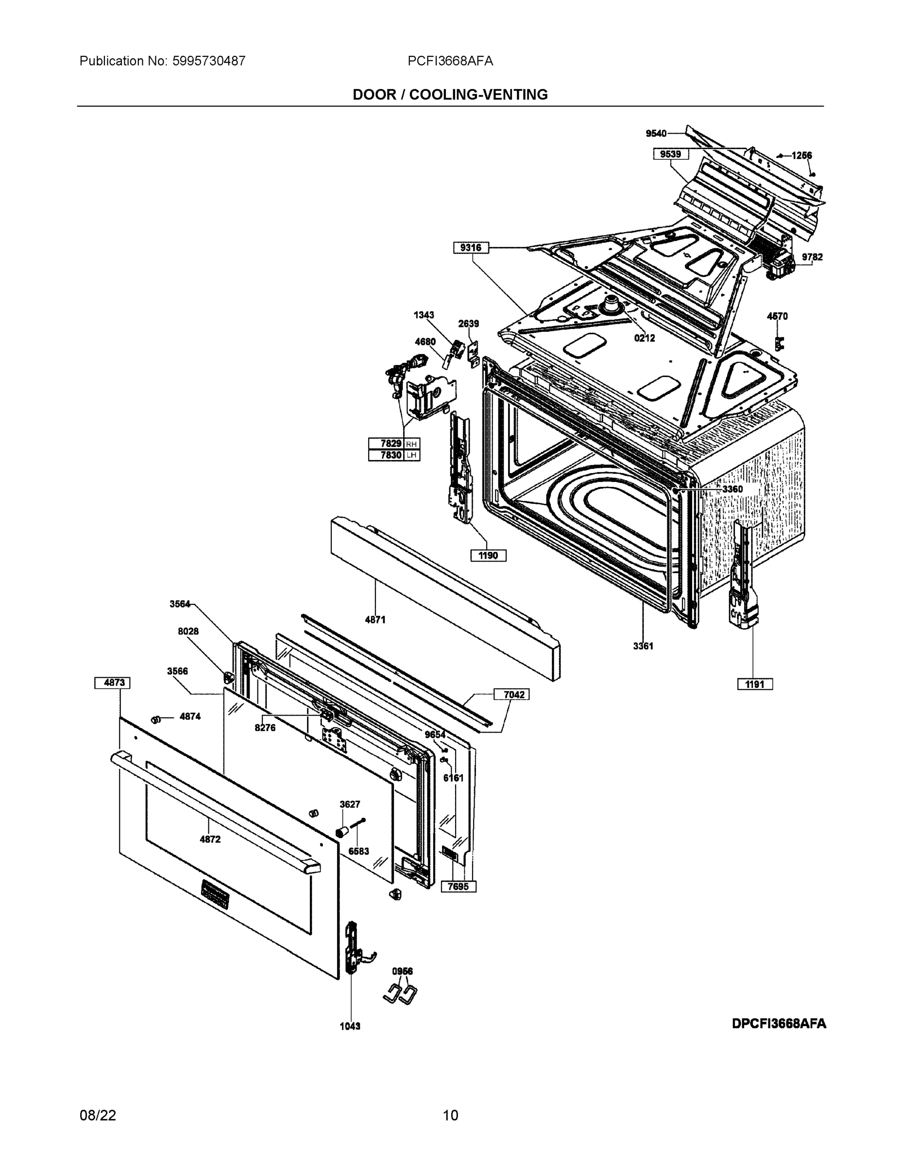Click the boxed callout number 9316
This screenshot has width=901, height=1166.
pos(471,248)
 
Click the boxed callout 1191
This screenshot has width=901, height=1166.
pos(755,685)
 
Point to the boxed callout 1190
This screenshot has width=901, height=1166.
pos(488,556)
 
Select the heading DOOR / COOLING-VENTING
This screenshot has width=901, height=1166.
pos(450,95)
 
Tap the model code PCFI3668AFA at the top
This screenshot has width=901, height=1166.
pos(450,61)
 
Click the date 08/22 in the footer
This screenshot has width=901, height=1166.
pos(98,1115)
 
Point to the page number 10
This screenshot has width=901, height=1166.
pos(450,1115)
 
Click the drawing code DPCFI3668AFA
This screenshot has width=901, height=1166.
pos(779,1024)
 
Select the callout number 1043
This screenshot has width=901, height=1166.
pos(350,1026)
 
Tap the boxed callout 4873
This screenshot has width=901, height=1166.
pos(112,683)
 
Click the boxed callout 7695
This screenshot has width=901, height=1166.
pos(458,887)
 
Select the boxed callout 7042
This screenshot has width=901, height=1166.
pos(511,695)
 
